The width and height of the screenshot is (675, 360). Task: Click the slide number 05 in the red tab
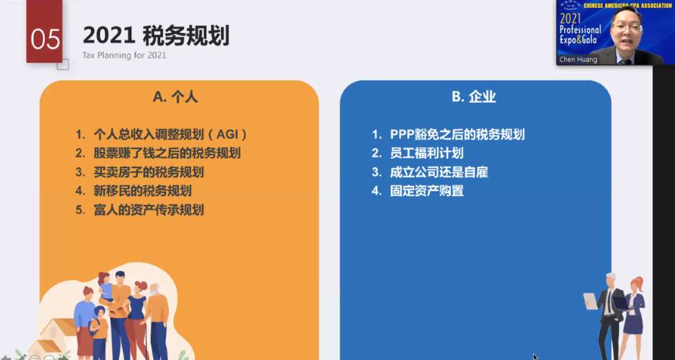point(45,39)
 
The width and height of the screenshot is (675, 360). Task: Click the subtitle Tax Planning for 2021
point(124,55)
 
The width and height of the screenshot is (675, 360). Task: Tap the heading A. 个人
point(175,96)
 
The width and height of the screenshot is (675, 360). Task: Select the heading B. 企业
point(474,96)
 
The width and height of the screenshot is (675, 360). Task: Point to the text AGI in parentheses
point(227,135)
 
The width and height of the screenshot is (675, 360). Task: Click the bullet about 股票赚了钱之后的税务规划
point(167,154)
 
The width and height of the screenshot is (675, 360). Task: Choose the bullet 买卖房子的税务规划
point(148,172)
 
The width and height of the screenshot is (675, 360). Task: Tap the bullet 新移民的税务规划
point(142,191)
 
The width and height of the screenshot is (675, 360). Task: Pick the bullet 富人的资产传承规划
point(148,210)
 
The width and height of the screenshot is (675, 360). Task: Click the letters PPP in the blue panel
point(403,135)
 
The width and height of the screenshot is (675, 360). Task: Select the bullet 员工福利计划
point(426,154)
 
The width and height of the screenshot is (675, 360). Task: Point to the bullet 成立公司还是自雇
point(438,172)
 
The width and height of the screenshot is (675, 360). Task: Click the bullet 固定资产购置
point(426,191)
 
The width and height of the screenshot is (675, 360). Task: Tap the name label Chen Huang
point(578,59)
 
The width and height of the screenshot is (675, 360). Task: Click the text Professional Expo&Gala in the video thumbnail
point(580,34)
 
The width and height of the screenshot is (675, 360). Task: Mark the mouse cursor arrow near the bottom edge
point(535,357)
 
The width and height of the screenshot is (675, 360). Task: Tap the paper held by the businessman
point(590,301)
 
